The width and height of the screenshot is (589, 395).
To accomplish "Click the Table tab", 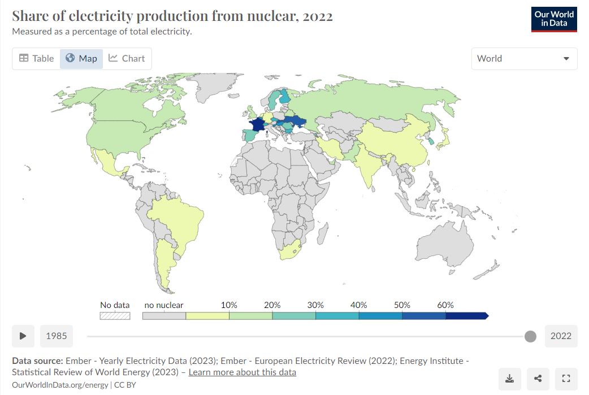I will pos(36,58).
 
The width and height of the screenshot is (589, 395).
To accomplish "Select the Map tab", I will pos(81,58).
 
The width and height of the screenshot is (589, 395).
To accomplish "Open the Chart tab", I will pos(127,58).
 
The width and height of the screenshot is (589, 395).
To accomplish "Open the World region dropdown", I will pos(524,58).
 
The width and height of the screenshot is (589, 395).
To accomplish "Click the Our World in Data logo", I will pos(554,19).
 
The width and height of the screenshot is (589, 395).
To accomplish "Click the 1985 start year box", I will pos(57,336).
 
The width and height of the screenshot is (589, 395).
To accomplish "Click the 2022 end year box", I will pos(561,336).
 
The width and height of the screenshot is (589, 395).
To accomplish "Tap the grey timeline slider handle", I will pos(530,336).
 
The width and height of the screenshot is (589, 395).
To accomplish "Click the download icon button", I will pos(509,378).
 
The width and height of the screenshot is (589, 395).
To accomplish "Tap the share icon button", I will pos(538,378).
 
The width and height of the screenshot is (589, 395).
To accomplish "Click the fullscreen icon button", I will pos(565,378).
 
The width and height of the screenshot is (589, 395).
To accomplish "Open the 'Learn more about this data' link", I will pos(242,372).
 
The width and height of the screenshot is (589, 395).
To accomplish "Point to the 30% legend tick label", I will pos(315,305).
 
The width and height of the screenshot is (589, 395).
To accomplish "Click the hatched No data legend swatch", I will pos(115,316).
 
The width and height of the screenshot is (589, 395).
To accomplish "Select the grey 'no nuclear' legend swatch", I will pos(164,316).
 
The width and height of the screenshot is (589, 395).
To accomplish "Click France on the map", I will pos(258,125).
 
